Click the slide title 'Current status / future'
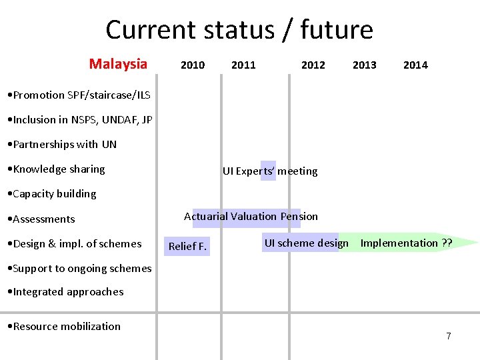tap(239, 30)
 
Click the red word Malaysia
tap(118, 64)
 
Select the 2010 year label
tap(193, 65)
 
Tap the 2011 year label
tap(243, 65)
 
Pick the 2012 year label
tap(313, 65)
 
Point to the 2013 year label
tap(364, 65)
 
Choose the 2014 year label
tap(415, 65)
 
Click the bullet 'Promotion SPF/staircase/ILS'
tap(77, 95)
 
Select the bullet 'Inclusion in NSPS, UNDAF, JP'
tap(78, 120)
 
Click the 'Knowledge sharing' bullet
tap(55, 169)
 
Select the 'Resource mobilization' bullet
tap(63, 326)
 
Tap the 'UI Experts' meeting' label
tap(270, 171)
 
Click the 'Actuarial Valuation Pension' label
tap(251, 216)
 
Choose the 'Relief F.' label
tap(188, 247)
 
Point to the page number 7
tap(449, 336)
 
